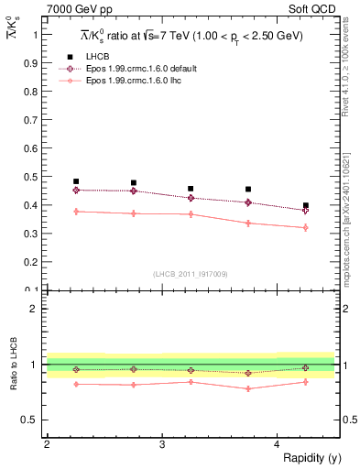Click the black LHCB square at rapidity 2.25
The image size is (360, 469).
[x=76, y=181]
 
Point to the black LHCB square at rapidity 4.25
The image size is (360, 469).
[x=306, y=205]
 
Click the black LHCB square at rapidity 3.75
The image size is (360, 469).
[x=248, y=190]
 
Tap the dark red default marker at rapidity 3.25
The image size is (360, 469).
[x=191, y=198]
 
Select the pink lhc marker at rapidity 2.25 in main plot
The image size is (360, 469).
[x=76, y=212]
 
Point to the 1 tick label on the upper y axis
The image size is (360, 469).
[x=36, y=34]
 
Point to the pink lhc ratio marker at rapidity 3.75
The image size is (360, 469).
[x=248, y=388]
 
